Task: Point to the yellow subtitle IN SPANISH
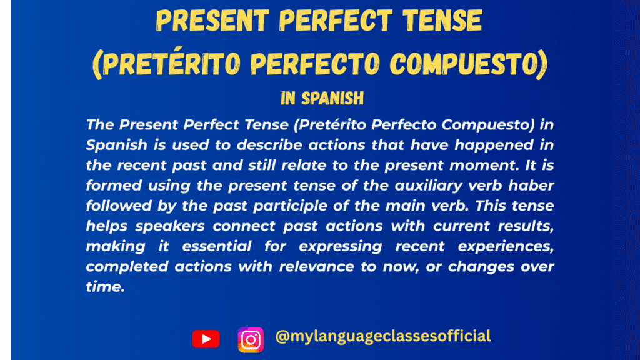[320, 99]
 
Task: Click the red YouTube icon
[206, 339]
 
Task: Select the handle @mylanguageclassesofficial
[382, 336]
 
